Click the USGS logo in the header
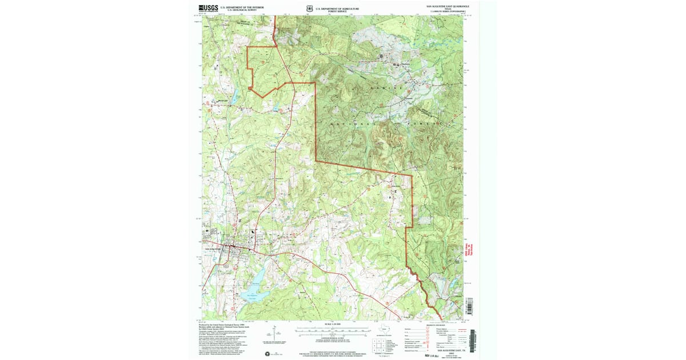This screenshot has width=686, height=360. coord(209,8)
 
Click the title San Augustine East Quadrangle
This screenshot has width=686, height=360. coord(448,6)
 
